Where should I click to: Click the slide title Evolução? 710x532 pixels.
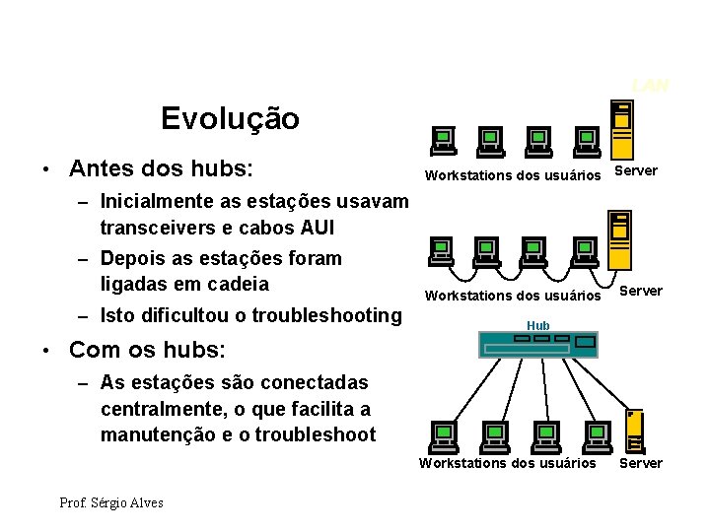pyautogui.click(x=230, y=119)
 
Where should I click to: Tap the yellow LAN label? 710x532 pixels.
pyautogui.click(x=651, y=86)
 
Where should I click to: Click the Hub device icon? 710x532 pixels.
pyautogui.click(x=537, y=343)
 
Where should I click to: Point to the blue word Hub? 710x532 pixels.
pyautogui.click(x=538, y=325)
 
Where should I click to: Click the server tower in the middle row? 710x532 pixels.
pyautogui.click(x=619, y=238)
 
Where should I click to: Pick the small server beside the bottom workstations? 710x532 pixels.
pyautogui.click(x=637, y=432)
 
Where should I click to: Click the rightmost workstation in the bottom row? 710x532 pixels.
pyautogui.click(x=597, y=434)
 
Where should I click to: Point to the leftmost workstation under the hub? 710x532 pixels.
pyautogui.click(x=443, y=434)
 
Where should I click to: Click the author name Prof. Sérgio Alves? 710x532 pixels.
pyautogui.click(x=111, y=502)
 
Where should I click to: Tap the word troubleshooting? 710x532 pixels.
pyautogui.click(x=326, y=315)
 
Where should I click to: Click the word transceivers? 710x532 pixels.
pyautogui.click(x=162, y=228)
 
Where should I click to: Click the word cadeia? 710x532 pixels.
pyautogui.click(x=235, y=284)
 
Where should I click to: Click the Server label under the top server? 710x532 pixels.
pyautogui.click(x=635, y=171)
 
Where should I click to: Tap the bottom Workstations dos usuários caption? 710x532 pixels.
pyautogui.click(x=508, y=463)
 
